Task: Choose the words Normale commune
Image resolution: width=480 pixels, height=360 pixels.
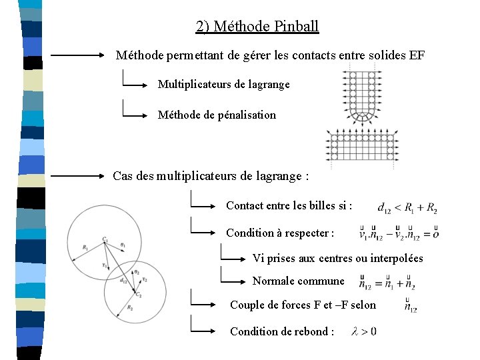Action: click(298, 281)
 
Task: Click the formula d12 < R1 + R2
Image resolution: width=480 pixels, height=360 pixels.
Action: click(407, 209)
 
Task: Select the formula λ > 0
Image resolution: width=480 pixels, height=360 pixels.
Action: click(363, 331)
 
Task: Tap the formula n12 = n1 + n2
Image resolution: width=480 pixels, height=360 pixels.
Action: click(387, 284)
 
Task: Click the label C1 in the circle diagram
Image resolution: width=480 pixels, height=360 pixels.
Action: click(105, 239)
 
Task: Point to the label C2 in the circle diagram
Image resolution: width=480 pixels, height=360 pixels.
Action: click(139, 294)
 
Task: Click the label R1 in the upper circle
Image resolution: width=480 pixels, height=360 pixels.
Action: click(85, 247)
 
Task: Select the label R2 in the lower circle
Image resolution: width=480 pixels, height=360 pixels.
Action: click(131, 308)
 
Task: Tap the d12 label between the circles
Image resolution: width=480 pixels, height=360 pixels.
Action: click(123, 281)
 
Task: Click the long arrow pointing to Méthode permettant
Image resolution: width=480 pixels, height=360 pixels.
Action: click(77, 56)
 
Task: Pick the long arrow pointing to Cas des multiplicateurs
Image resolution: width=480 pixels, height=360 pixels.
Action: click(77, 177)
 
